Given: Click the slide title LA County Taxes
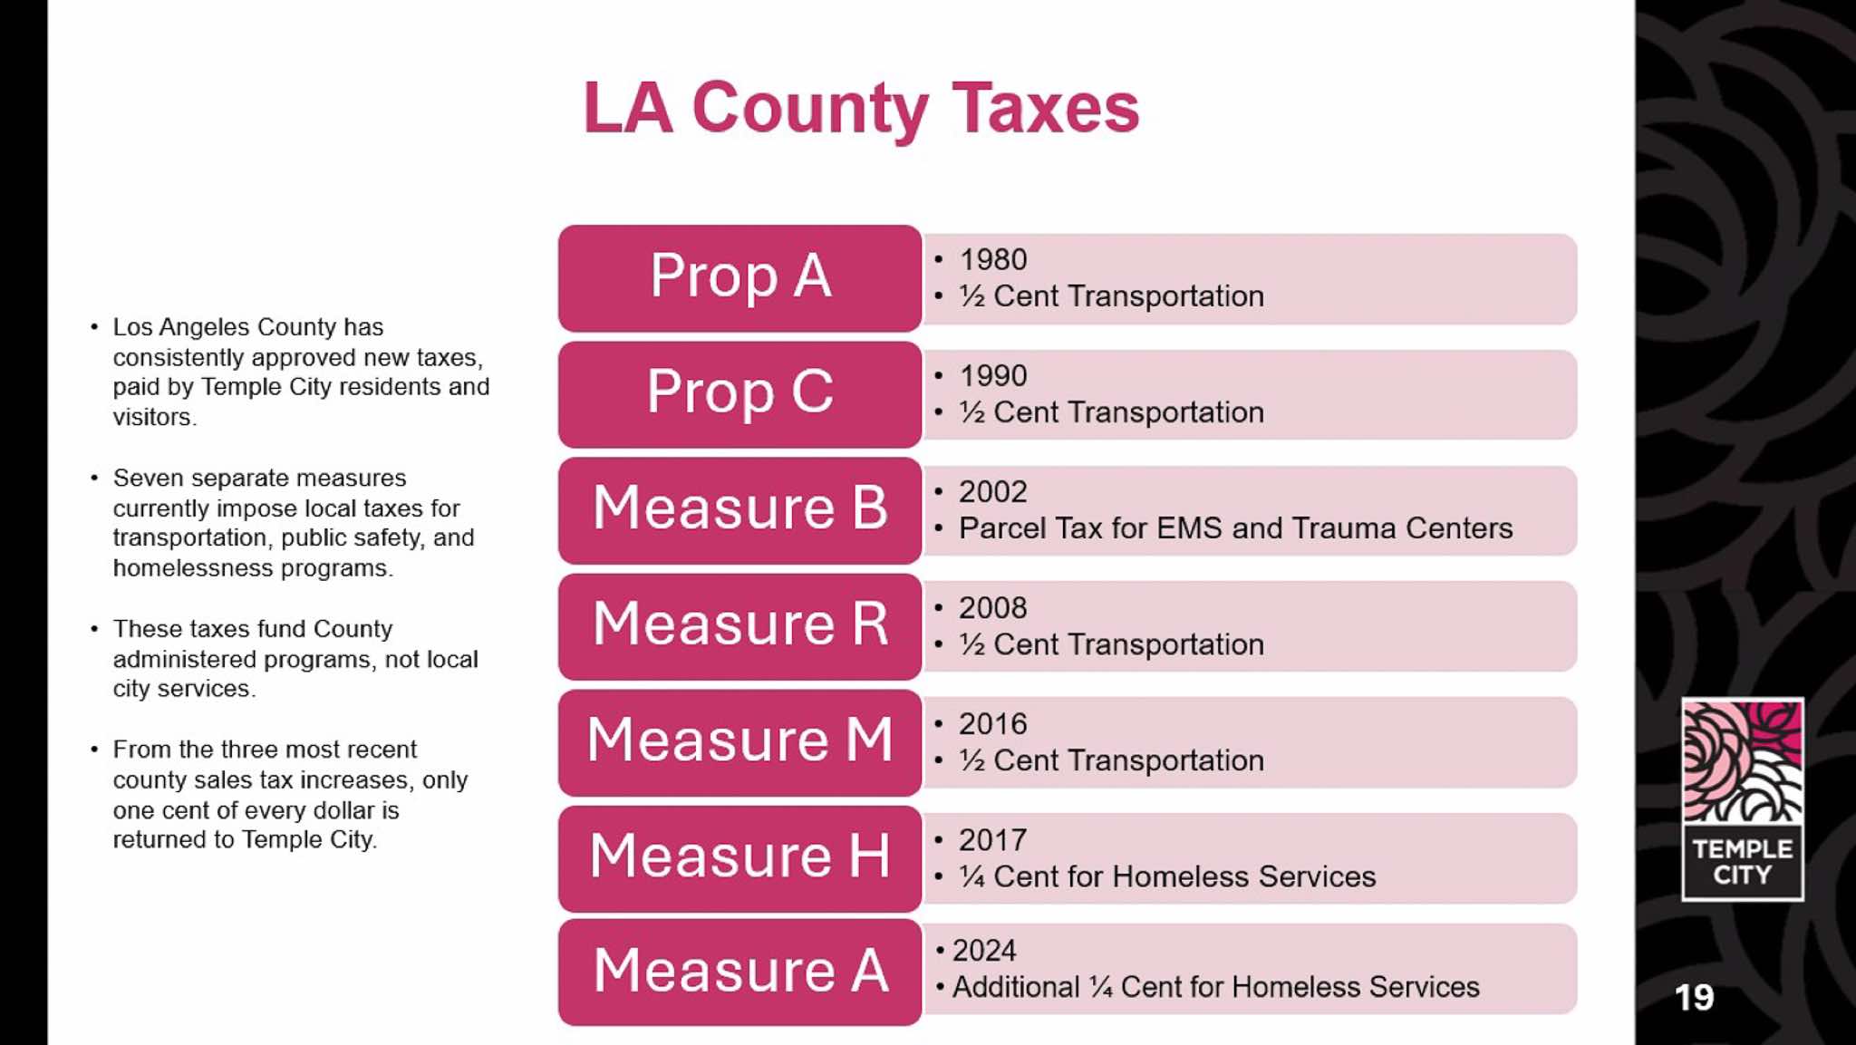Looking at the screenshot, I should coord(861,109).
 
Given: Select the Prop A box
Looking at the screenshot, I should coord(739,277).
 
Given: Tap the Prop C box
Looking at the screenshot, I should coord(739,393).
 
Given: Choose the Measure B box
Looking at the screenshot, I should coord(739,509).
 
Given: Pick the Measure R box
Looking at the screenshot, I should coord(739,625).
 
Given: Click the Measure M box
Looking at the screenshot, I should coord(739,741).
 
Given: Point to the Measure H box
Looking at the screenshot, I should coord(739,857).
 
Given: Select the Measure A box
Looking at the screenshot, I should coord(739,972).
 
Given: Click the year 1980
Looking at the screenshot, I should coord(992,260).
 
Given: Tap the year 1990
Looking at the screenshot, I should coord(992,376).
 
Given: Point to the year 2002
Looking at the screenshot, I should coord(992,492).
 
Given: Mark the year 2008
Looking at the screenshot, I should coord(992,608).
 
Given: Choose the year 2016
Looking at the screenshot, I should coord(992,724).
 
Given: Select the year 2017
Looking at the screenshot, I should coord(992,840).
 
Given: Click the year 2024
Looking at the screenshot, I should coord(984,951).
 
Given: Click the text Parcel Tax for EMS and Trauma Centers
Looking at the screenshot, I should coord(1235,528).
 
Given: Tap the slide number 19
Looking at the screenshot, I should coord(1694,998).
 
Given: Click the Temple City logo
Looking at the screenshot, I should coord(1742,798).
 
